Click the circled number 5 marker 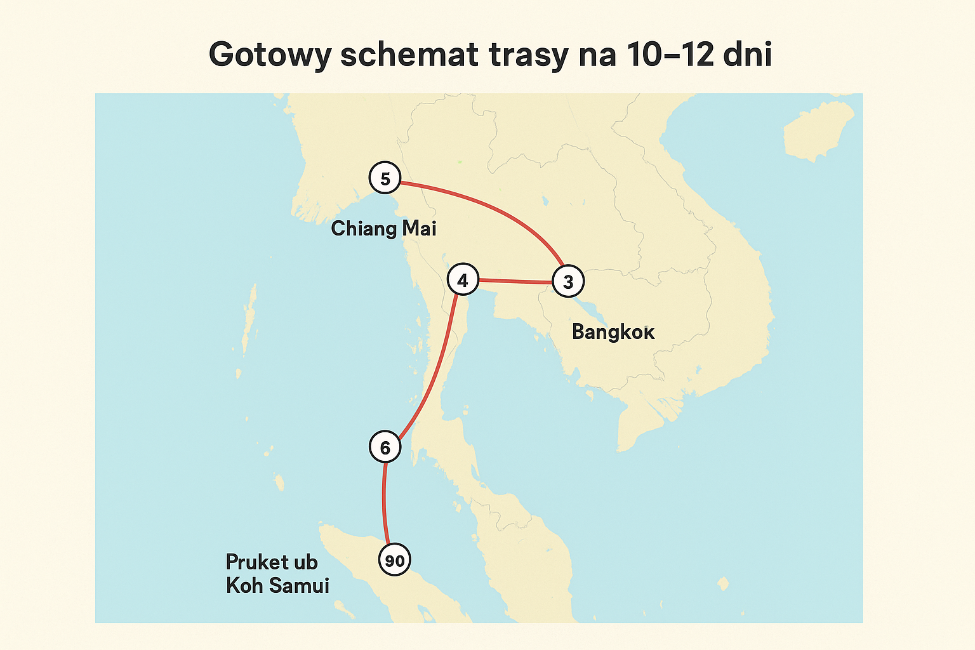click(x=385, y=178)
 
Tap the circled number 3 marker click(x=568, y=281)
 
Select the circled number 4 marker click(x=463, y=280)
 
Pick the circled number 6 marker click(x=385, y=448)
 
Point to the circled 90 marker click(x=394, y=560)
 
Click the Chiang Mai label click(x=383, y=229)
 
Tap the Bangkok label click(x=613, y=331)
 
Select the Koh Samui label click(x=277, y=585)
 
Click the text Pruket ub click(x=272, y=562)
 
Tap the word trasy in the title click(x=528, y=55)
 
